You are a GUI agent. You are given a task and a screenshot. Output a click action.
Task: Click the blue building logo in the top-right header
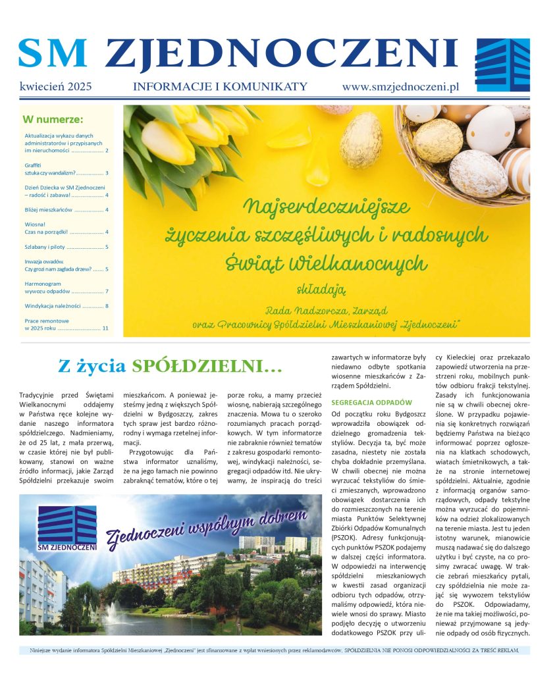(502, 65)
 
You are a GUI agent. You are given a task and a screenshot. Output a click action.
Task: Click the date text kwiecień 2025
(55, 86)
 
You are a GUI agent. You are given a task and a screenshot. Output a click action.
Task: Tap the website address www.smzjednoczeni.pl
(400, 86)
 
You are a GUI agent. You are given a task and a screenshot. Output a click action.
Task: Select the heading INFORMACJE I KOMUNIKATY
(220, 86)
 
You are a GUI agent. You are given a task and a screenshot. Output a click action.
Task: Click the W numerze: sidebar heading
(53, 120)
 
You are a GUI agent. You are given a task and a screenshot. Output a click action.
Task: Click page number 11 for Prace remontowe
(105, 327)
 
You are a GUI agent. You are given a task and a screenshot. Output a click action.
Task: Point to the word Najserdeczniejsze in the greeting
(327, 207)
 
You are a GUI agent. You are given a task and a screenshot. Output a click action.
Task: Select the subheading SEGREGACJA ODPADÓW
(371, 402)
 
